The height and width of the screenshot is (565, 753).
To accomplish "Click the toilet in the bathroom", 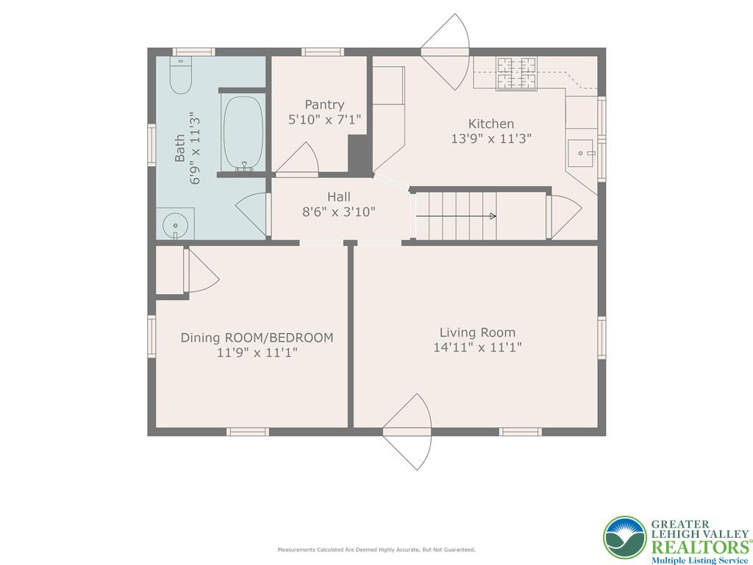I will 180,75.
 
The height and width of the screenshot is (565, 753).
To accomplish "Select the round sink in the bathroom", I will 174,223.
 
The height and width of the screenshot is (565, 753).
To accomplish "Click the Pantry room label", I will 324,105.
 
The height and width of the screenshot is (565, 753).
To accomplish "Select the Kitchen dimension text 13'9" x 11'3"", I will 491,138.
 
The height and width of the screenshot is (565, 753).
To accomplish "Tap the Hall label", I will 339,196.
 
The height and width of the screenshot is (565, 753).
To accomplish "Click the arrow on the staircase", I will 491,216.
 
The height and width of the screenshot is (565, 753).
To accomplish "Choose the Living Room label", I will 477,332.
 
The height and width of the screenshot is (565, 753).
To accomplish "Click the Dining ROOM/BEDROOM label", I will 257,338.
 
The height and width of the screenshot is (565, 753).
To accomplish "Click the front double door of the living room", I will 407,431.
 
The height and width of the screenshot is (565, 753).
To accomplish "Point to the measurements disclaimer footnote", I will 376,550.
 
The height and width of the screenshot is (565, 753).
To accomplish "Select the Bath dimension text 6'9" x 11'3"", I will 196,148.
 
